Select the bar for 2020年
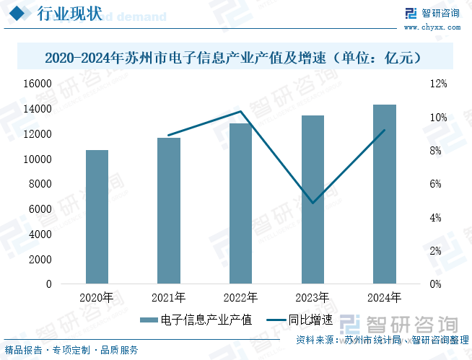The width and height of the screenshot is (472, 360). point(97,216)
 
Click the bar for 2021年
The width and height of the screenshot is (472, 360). point(169,211)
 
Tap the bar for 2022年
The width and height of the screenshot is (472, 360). point(240,203)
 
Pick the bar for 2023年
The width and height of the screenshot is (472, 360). point(313,199)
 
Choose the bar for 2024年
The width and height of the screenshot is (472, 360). point(385,194)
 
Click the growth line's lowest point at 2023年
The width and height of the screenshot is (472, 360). point(313,203)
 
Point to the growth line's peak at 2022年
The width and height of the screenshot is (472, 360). point(241,111)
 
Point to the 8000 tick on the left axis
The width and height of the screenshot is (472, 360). point(61,184)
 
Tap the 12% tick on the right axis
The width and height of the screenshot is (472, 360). point(438,84)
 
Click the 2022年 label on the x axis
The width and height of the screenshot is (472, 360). point(240,297)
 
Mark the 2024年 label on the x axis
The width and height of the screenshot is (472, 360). point(385,297)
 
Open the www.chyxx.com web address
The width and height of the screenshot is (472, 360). point(432,27)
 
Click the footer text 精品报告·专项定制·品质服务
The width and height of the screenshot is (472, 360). point(71,350)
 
